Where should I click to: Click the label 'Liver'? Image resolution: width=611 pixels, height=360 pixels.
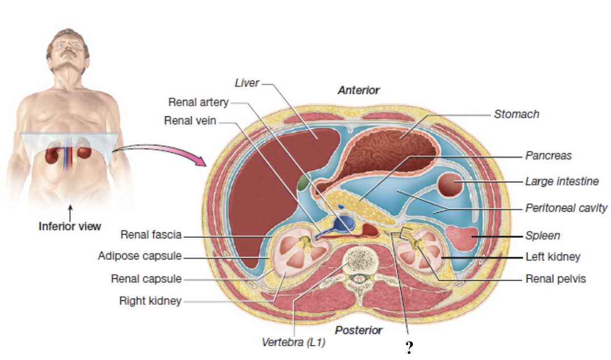pyautogui.click(x=247, y=83)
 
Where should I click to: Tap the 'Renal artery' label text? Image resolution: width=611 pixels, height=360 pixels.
pyautogui.click(x=198, y=102)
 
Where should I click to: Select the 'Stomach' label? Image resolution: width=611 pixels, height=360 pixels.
pyautogui.click(x=516, y=114)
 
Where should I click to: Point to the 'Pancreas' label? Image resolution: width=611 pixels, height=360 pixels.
pyautogui.click(x=548, y=155)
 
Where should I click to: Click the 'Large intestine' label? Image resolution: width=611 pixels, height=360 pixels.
pyautogui.click(x=562, y=182)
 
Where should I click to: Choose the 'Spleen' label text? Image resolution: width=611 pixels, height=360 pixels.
pyautogui.click(x=542, y=235)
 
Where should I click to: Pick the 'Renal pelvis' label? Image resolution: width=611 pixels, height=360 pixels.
pyautogui.click(x=555, y=279)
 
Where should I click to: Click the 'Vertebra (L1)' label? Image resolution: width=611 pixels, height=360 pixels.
pyautogui.click(x=293, y=342)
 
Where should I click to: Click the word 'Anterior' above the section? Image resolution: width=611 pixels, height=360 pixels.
pyautogui.click(x=358, y=90)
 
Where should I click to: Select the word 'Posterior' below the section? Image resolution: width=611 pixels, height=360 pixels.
pyautogui.click(x=358, y=330)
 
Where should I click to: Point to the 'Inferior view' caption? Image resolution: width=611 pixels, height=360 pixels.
pyautogui.click(x=70, y=226)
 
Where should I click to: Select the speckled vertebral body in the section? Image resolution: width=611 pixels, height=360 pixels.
pyautogui.click(x=362, y=261)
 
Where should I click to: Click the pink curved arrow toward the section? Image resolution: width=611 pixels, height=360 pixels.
pyautogui.click(x=165, y=152)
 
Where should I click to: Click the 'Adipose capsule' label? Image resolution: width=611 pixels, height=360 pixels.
pyautogui.click(x=140, y=256)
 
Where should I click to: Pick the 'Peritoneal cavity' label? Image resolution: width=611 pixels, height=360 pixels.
pyautogui.click(x=566, y=208)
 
